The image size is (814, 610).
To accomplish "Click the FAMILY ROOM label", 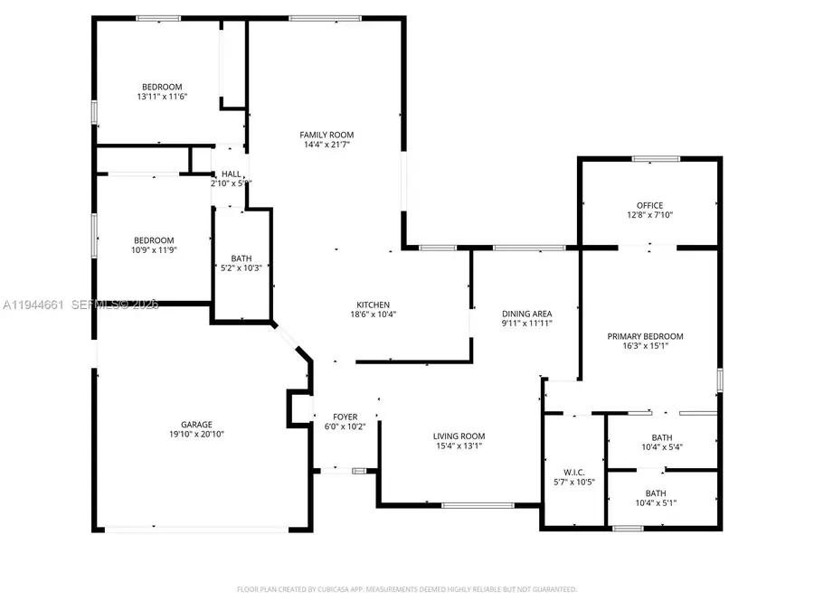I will pos(327,135).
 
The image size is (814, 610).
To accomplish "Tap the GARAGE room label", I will pos(196,424).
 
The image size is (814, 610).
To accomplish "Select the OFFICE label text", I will pos(649,205).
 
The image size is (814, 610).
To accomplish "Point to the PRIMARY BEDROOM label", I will pos(645,336).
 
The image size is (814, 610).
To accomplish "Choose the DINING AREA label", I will pos(526,313).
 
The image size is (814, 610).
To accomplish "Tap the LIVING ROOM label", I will pos(459,436).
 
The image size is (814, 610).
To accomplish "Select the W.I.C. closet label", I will pos(573,472).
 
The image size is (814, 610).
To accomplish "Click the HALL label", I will pos(232,174).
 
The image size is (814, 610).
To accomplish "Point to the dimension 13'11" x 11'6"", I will pos(160,97).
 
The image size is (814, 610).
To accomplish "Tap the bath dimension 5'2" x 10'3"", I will pos(241,267).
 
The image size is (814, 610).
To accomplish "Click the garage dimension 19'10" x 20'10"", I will pos(196,435).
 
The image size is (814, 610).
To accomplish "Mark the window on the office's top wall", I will pos(656,159).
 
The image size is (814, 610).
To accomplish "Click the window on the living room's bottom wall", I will pos(478,504).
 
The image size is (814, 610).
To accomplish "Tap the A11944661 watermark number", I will pos(33,305).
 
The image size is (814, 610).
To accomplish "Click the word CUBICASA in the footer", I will pos(338,589).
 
